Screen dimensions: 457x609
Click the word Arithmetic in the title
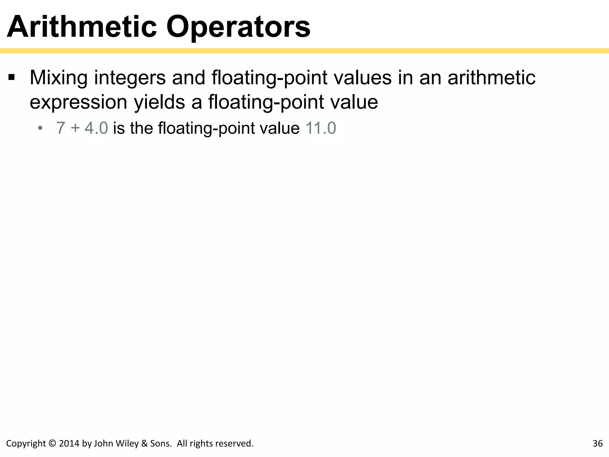[x=82, y=27]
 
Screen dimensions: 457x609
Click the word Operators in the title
[x=238, y=27]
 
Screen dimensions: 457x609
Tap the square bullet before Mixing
[x=12, y=78]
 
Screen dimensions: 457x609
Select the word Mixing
[x=59, y=78]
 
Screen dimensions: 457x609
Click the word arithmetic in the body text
[x=491, y=78]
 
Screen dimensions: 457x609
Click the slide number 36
[x=597, y=444]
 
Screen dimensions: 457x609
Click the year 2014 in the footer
[x=69, y=444]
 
